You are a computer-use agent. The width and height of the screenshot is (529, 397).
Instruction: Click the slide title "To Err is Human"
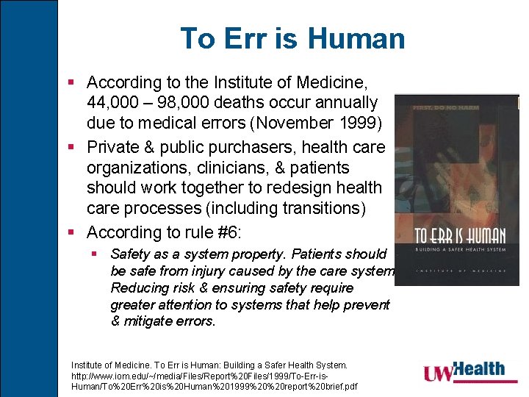click(x=292, y=38)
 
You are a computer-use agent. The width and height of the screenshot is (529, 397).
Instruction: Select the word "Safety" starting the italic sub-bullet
click(x=130, y=254)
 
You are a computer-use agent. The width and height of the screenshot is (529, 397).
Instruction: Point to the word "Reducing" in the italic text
click(x=138, y=287)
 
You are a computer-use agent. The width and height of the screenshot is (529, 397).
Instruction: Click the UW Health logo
click(x=464, y=371)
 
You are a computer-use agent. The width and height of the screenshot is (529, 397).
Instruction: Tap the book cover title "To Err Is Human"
click(x=460, y=235)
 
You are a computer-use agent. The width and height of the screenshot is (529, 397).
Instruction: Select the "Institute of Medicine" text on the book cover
click(x=460, y=271)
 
